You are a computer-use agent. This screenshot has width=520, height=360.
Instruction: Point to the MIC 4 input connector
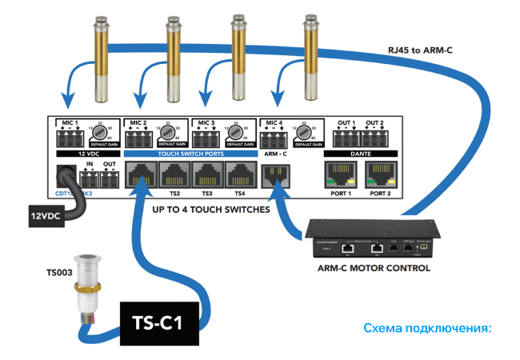tap(274, 137)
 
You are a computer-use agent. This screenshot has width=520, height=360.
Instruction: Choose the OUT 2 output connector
tap(375, 137)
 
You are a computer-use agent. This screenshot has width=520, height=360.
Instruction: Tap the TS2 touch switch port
tap(174, 174)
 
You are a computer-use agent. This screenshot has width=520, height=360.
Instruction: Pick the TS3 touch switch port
tap(207, 174)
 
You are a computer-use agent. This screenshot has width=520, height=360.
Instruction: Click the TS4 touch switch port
tap(240, 174)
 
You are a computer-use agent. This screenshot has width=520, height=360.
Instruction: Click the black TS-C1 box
tap(160, 324)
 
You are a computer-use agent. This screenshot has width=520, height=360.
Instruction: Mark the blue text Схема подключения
tap(425, 328)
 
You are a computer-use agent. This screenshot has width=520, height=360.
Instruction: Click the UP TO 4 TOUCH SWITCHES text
tap(210, 210)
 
